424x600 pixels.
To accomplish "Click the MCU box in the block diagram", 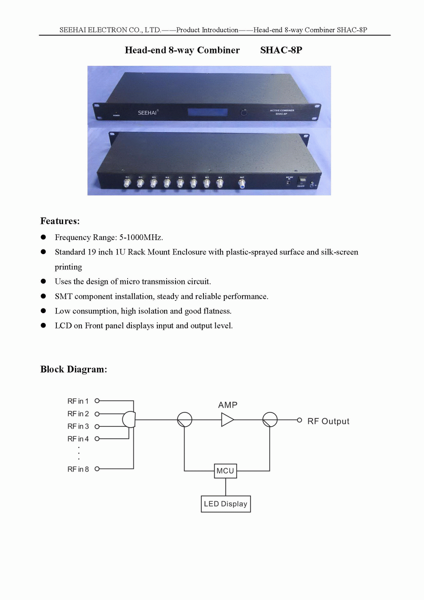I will coord(225,471).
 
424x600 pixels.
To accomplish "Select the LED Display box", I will coord(226,504).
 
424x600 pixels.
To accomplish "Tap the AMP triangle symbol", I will coord(227,420).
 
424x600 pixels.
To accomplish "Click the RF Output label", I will coord(328,421).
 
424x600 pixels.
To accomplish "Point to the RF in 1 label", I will coord(78,401).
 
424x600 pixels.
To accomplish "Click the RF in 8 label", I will coord(78,469).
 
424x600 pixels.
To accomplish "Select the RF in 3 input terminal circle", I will coord(97,426).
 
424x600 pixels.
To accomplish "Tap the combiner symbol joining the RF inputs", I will coord(129,420).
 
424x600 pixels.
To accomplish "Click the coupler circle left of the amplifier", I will coord(184,420).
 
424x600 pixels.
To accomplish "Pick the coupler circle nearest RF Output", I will coord(270,420).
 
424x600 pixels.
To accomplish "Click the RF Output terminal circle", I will coord(299,420).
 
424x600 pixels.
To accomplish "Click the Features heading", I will coord(60,221).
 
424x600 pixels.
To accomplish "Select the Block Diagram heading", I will coord(73,369).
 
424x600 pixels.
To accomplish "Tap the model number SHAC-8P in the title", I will coord(281,50).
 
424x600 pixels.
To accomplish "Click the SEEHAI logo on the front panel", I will coord(148,112).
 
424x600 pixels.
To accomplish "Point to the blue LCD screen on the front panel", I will coord(208,112).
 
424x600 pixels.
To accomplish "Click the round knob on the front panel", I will coord(244,112).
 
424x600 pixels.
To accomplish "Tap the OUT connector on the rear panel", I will coord(242,184).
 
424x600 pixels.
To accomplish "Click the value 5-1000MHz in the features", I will coord(141,237).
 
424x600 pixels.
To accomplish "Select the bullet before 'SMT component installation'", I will coord(43,296).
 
